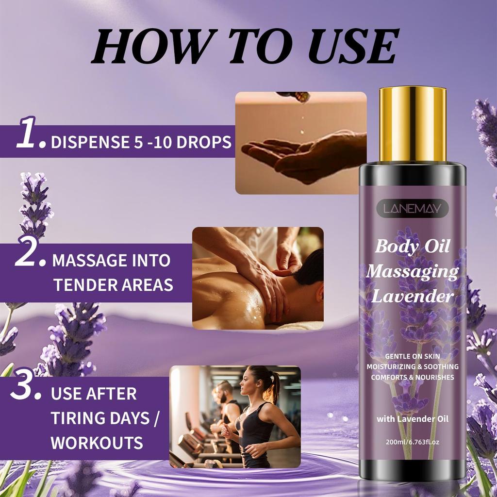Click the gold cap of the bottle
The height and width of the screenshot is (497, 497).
click(413, 124)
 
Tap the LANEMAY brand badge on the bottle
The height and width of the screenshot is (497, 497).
click(413, 209)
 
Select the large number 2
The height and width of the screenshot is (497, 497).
click(27, 252)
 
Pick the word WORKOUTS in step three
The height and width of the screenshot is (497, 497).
click(97, 442)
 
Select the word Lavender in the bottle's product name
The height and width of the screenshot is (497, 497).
click(413, 296)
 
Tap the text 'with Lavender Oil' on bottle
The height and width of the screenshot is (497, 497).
click(413, 419)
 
